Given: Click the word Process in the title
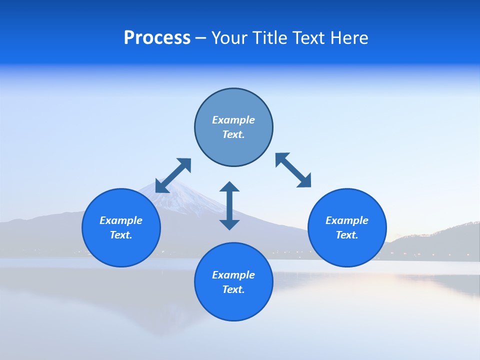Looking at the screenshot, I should click(x=157, y=38).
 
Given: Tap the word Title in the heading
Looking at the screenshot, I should click(x=268, y=38).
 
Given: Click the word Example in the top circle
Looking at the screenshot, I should click(x=233, y=120).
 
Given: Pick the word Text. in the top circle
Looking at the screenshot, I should click(x=233, y=134).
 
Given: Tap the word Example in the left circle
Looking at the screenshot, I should click(x=121, y=220).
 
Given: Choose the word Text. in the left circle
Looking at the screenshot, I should click(x=121, y=235).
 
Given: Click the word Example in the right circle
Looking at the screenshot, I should click(x=347, y=220).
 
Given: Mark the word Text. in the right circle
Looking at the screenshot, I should click(x=347, y=235).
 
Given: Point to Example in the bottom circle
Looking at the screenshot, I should click(x=233, y=275).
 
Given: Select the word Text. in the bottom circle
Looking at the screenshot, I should click(x=233, y=289).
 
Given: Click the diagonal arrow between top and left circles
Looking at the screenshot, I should click(x=173, y=175).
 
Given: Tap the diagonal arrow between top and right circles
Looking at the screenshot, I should click(x=293, y=170).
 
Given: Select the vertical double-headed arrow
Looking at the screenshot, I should click(x=229, y=205).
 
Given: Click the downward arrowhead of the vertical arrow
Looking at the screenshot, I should click(x=229, y=224).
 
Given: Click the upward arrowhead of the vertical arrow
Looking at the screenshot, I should click(x=229, y=187).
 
